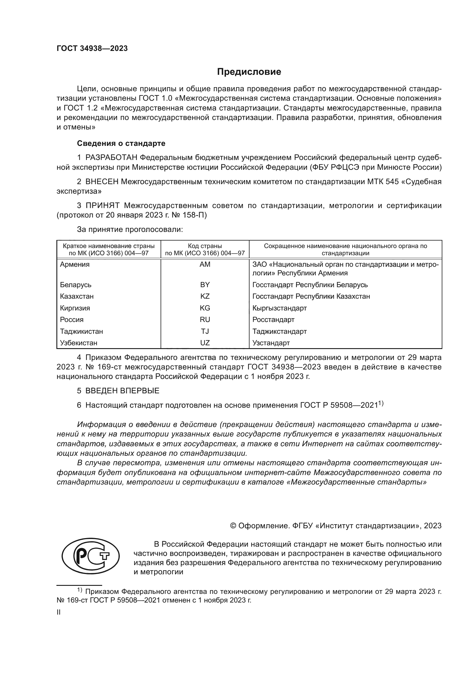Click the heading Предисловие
[249, 72]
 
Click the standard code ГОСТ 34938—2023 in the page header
[92, 49]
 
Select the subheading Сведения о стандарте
[121, 143]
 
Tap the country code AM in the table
[205, 264]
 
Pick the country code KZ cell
[205, 296]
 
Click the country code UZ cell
[205, 343]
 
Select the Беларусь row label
[76, 285]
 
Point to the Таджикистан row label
[81, 331]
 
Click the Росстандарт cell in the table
[273, 319]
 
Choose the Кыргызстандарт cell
[279, 308]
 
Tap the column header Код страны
[205, 246]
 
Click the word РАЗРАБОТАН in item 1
[111, 158]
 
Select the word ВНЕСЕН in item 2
[102, 182]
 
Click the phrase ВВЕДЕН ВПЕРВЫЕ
[122, 391]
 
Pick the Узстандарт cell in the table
[271, 343]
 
